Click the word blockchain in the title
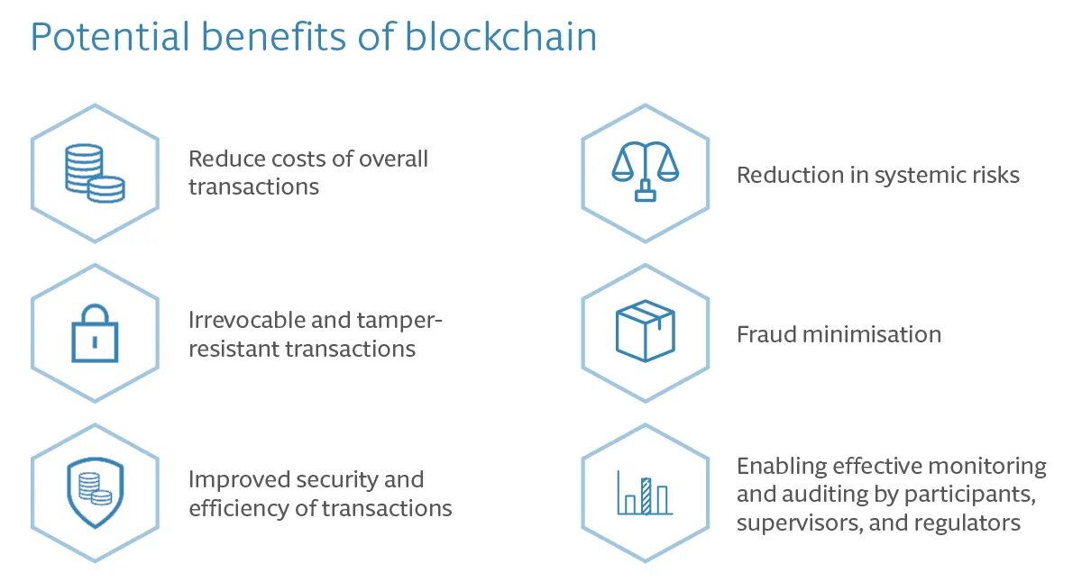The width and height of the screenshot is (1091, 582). point(500,38)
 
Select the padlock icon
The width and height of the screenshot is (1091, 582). point(95,333)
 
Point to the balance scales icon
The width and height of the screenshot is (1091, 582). point(645,171)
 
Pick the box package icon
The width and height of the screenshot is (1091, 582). point(645,332)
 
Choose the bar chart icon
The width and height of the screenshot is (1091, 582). point(645,492)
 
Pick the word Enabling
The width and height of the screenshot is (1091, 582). point(781,467)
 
